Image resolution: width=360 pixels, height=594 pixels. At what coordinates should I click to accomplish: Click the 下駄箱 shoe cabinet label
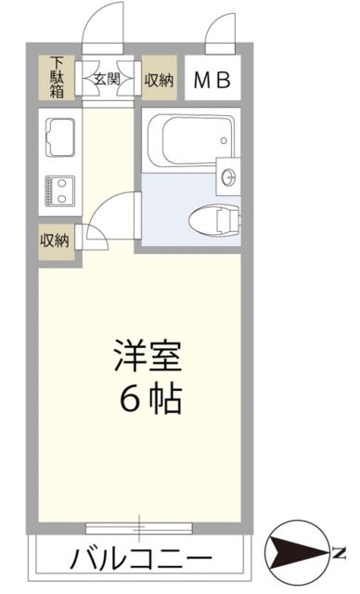coord(56,79)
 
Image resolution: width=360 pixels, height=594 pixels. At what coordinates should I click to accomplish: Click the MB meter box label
coord(213,81)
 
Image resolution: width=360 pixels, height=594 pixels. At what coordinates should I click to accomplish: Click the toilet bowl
coord(213,220)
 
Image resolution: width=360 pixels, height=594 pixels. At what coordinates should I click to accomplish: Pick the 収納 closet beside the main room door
coord(56,239)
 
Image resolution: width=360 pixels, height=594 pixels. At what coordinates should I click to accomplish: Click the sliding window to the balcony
coord(140,528)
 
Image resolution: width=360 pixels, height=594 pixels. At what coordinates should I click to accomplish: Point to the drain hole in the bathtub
coord(224,140)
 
